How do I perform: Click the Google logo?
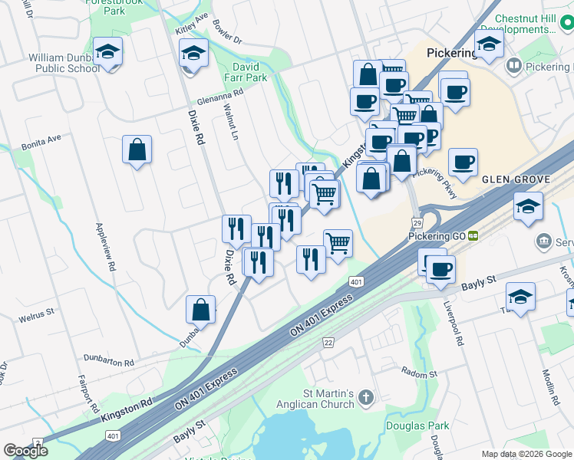click(x=25, y=451)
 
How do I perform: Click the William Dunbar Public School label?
click(x=64, y=63)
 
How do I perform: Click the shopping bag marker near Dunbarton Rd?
click(x=200, y=309)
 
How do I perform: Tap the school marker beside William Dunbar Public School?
click(x=108, y=52)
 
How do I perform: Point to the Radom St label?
click(x=420, y=373)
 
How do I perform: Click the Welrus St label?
click(x=37, y=313)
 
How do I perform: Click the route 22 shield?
click(x=328, y=341)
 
